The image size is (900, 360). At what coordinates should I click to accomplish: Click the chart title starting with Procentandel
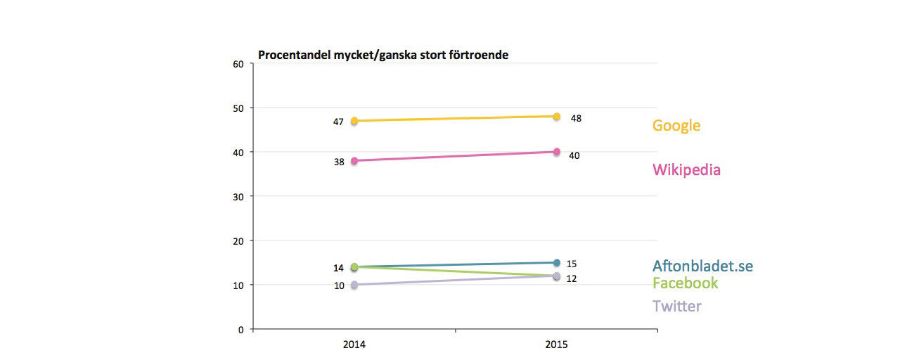(x=382, y=54)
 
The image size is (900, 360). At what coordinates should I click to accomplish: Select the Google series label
(x=676, y=126)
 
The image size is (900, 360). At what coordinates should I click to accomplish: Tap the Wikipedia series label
(x=686, y=169)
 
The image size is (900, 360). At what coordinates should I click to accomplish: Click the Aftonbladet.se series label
(x=702, y=266)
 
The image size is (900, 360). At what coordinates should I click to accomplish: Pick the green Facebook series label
(x=685, y=283)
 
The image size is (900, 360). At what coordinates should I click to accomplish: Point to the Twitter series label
(x=676, y=306)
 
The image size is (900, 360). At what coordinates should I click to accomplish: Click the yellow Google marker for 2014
(x=354, y=121)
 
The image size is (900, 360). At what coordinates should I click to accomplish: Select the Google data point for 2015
(x=556, y=117)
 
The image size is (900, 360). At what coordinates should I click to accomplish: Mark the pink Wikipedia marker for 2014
(x=354, y=161)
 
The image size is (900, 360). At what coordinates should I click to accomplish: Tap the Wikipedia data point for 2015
(x=556, y=152)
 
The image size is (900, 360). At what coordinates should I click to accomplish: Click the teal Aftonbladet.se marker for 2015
(x=556, y=263)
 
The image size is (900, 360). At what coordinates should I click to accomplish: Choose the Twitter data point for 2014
(x=354, y=285)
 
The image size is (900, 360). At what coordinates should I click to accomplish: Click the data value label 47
(x=338, y=122)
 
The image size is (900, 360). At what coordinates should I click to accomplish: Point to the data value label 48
(x=576, y=118)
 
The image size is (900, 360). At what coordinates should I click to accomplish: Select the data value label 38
(x=338, y=162)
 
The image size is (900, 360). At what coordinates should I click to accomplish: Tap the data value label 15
(x=572, y=264)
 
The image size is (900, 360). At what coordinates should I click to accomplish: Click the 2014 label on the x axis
(x=354, y=345)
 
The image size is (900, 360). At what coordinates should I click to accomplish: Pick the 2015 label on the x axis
(x=556, y=345)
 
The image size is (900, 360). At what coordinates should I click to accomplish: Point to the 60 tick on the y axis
(x=238, y=64)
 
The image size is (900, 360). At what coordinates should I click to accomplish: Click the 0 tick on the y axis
(x=240, y=329)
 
